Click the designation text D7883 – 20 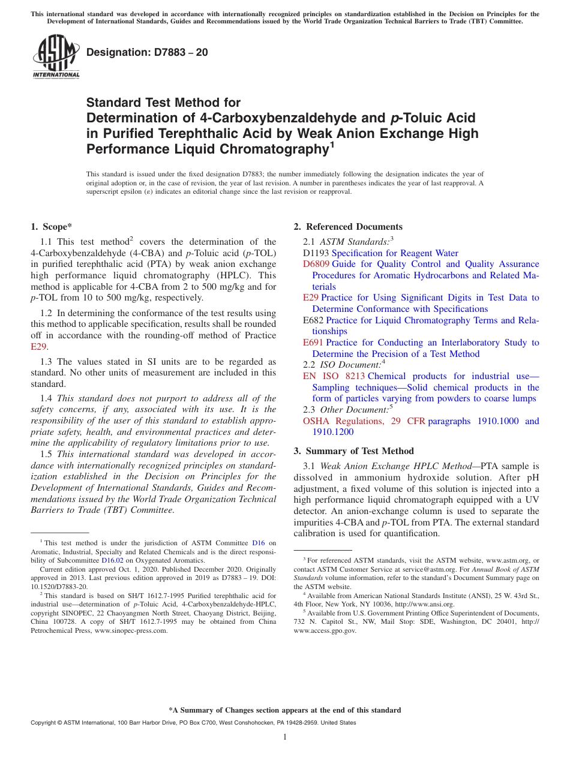tap(147, 52)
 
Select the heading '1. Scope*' tap(51, 227)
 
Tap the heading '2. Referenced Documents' tap(348, 227)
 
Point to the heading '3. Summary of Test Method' tap(353, 451)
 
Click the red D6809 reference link tap(316, 264)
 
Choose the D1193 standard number tap(316, 253)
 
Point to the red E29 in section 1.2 tap(38, 347)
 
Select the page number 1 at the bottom tap(285, 737)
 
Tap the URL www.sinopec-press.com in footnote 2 tap(131, 630)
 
